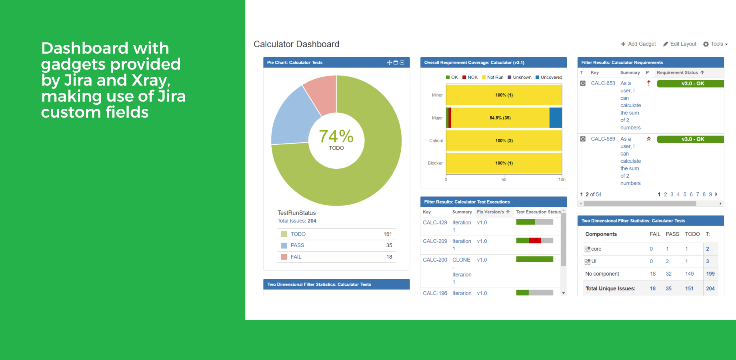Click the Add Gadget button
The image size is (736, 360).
point(638,44)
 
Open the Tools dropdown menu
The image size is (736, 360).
point(716,44)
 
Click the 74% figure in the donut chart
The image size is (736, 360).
point(336,136)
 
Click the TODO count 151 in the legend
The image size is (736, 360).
point(388,234)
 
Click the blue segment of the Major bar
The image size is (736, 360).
point(556,118)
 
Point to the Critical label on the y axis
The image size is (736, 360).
point(436,140)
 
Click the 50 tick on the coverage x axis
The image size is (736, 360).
point(504,180)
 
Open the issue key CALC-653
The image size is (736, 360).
point(603,83)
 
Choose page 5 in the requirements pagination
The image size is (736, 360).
point(685,194)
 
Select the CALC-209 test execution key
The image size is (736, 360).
point(435,241)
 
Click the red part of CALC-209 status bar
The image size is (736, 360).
point(534,240)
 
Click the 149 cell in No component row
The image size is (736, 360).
point(689,274)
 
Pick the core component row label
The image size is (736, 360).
point(596,249)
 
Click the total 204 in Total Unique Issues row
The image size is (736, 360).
point(710,288)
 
